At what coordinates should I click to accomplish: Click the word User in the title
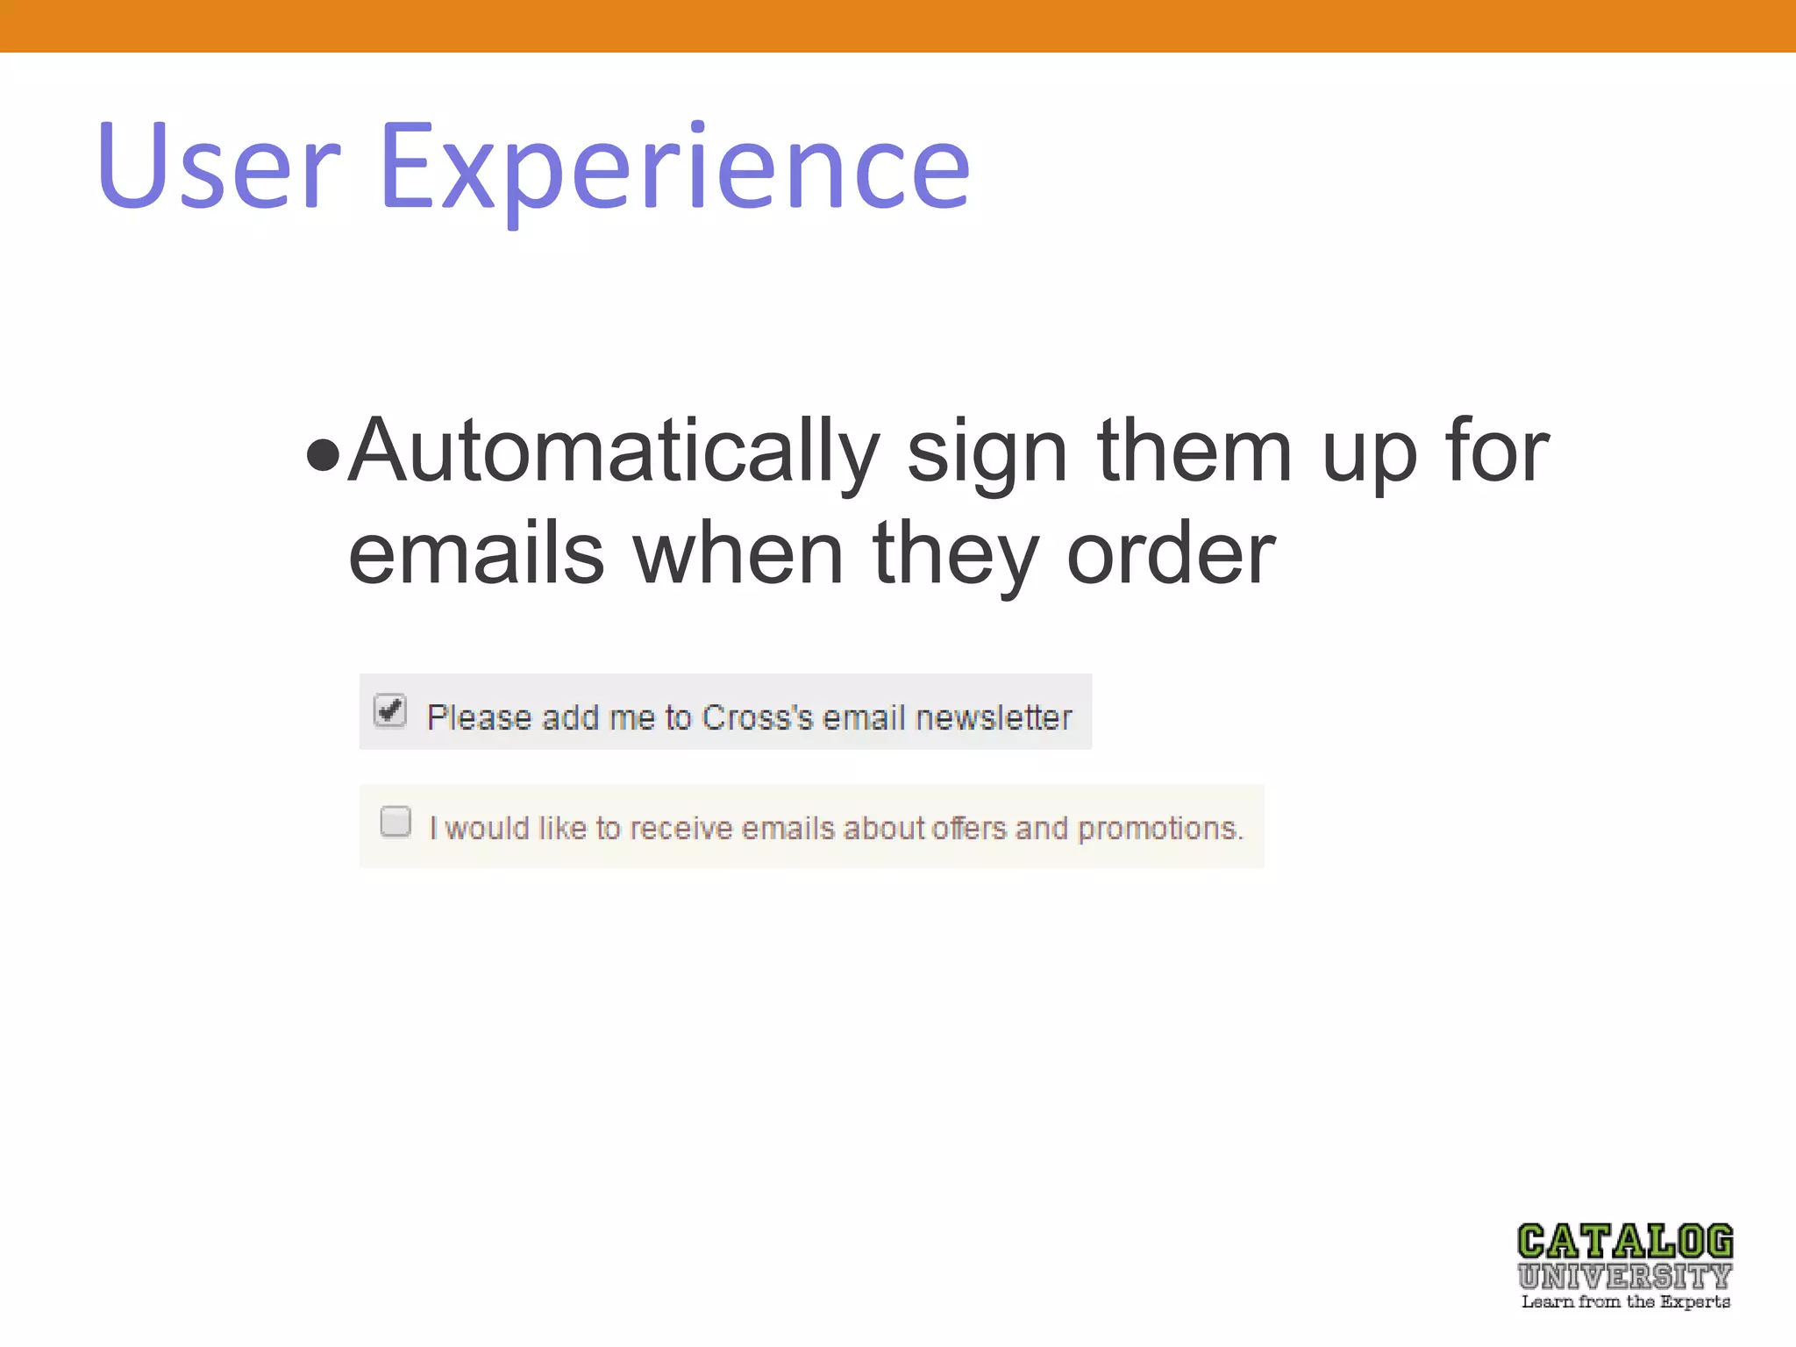coord(218,167)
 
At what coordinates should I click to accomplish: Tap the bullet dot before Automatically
coord(323,455)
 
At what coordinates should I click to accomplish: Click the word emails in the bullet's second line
coord(476,554)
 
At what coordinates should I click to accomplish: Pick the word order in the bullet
coord(1171,554)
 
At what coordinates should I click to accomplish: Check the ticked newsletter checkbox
coord(390,710)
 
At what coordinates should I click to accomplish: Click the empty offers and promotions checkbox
coord(396,822)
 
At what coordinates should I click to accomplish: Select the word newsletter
coord(993,718)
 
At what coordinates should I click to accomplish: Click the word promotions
coord(1159,829)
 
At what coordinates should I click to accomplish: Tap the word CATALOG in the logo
coord(1625,1243)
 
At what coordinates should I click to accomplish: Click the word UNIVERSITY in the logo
coord(1625,1276)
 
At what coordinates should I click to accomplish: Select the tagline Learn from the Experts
coord(1625,1302)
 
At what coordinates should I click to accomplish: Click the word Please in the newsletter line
coord(479,718)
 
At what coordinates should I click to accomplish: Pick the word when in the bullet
coord(738,554)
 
